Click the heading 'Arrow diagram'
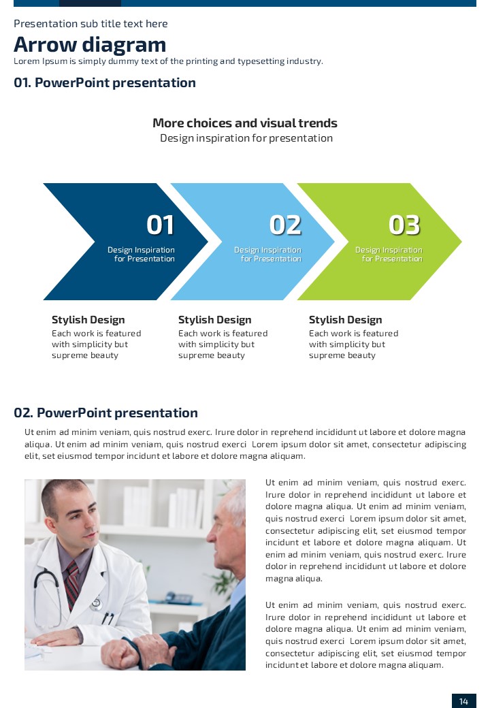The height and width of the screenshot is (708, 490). [x=90, y=45]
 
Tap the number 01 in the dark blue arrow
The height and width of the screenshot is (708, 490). [x=160, y=225]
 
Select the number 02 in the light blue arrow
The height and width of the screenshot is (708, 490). [x=285, y=225]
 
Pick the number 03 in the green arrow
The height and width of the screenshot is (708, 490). [x=404, y=225]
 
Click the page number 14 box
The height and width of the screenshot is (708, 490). [x=464, y=701]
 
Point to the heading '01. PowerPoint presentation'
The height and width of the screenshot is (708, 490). [x=105, y=82]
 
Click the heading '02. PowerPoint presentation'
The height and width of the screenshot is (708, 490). [x=105, y=413]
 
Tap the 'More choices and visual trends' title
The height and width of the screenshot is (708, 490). [x=245, y=123]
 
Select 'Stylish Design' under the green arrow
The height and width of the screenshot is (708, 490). [x=345, y=320]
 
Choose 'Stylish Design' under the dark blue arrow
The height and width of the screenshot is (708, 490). [x=88, y=320]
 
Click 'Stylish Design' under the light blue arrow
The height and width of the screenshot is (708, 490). [x=215, y=320]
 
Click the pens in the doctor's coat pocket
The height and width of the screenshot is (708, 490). [x=108, y=617]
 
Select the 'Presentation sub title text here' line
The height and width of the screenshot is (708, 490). [x=91, y=23]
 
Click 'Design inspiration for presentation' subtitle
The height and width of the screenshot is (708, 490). [x=246, y=138]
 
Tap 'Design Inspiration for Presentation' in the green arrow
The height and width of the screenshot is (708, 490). [x=389, y=254]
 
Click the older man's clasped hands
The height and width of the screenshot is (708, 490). [x=135, y=651]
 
